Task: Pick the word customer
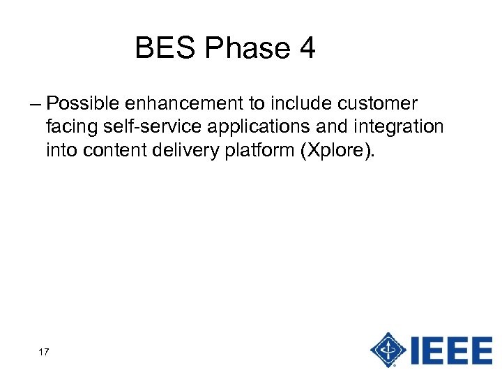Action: (377, 104)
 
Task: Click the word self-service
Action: (148, 127)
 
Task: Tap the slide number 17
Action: (43, 352)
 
